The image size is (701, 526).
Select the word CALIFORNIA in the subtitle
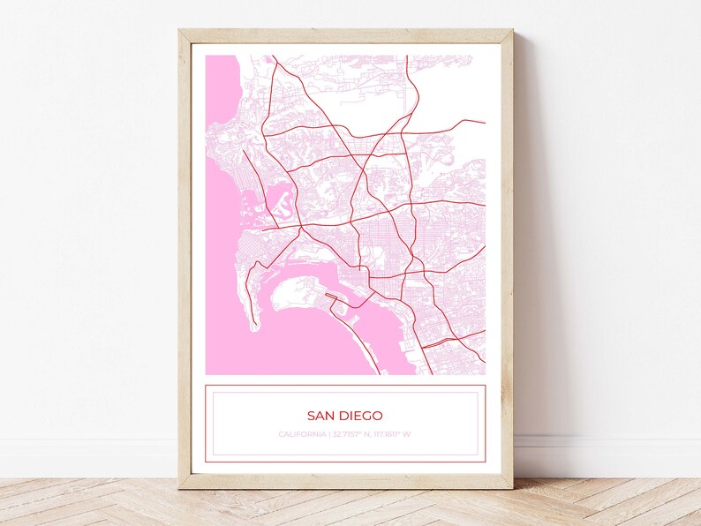[301, 434]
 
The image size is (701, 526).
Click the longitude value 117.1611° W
[392, 434]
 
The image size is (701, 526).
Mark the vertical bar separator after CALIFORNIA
[328, 434]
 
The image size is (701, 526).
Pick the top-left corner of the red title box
[206, 385]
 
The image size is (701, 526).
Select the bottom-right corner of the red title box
[485, 462]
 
